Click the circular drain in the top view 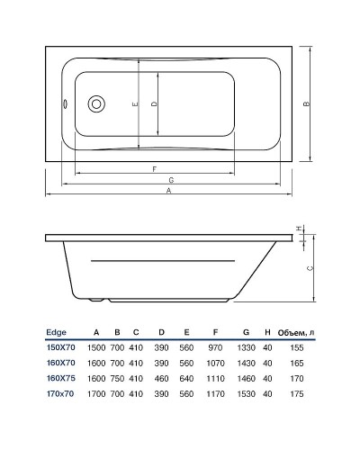pos(96,103)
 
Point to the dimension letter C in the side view pos(310,268)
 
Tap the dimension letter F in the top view pos(157,168)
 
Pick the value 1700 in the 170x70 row pos(96,392)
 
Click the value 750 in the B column pos(117,377)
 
